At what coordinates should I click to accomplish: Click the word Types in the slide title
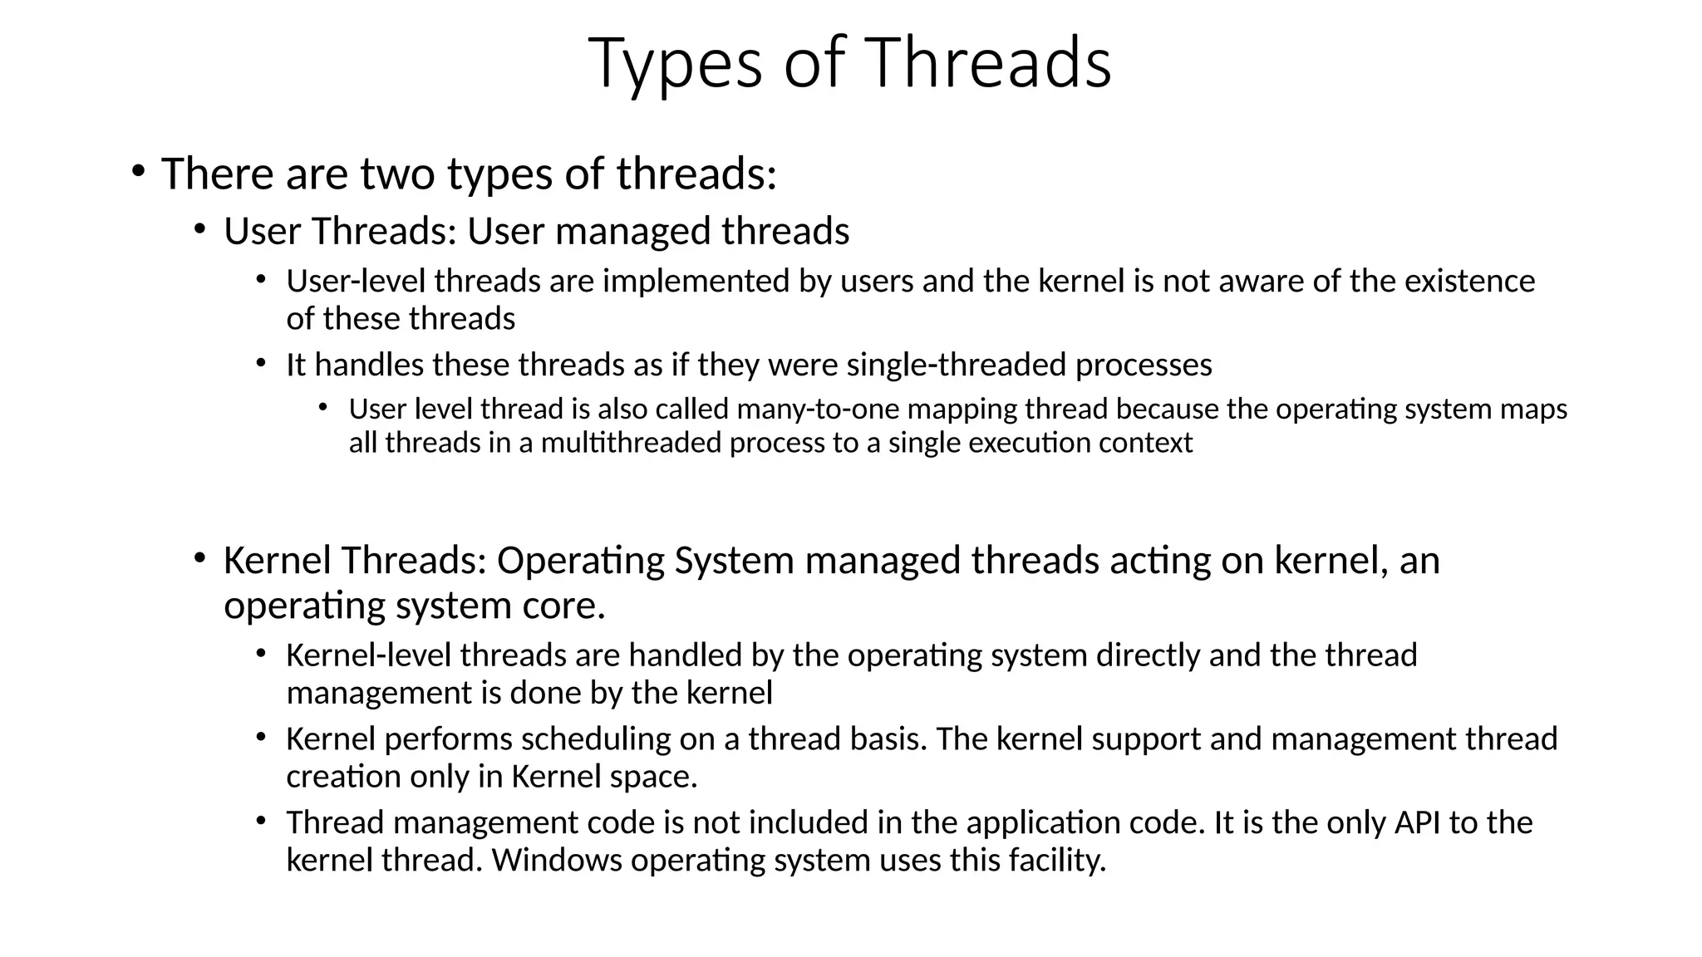coord(675,65)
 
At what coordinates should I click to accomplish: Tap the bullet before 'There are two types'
coord(137,172)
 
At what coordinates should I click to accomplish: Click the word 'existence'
coord(1469,281)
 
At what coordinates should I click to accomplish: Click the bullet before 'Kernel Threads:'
coord(199,557)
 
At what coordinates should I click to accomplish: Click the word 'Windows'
coord(557,860)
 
